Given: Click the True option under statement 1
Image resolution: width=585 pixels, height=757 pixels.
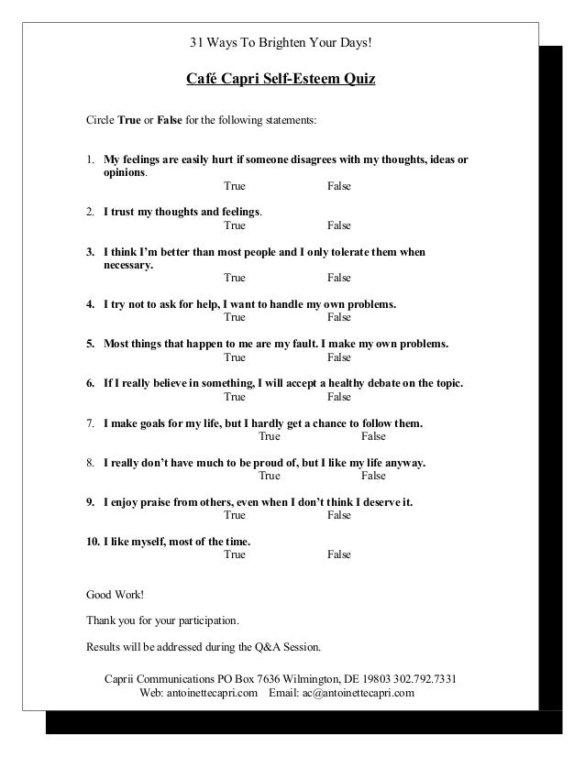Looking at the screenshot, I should coord(235,186).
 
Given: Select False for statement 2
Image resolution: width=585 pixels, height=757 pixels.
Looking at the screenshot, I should coord(339,225).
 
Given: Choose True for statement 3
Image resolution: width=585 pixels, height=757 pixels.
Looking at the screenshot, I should coord(235,278).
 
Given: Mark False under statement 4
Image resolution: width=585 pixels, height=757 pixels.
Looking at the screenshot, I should coord(339,317).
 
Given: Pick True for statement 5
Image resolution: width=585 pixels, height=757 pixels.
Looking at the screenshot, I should coord(235,357).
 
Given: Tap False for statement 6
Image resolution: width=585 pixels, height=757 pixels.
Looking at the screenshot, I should coord(339,397).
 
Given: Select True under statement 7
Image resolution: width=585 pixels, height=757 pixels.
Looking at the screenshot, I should coord(270,436).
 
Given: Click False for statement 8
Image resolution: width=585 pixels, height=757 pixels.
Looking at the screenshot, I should coord(374,476).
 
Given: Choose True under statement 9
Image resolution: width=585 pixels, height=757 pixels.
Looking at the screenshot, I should coord(235,516).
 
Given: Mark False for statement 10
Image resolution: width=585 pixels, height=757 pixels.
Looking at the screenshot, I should coord(339,554).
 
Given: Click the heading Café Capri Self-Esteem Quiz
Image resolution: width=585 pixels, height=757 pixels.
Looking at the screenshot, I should coord(281,80).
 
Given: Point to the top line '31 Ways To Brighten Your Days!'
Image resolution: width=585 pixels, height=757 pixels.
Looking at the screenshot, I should coord(281,43).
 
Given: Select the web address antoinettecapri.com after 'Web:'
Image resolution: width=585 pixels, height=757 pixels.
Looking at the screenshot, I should coord(211,693).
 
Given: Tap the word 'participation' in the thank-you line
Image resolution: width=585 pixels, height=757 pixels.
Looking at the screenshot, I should coord(204,620).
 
